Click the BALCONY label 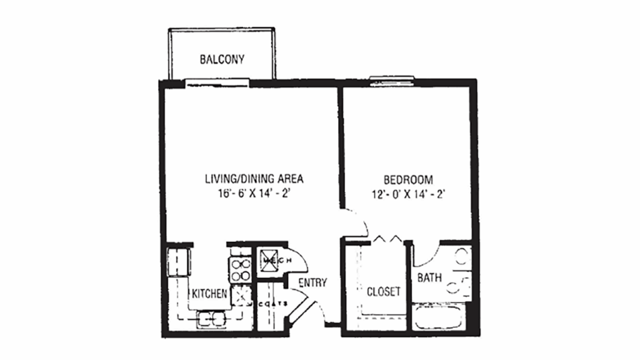tap(221, 60)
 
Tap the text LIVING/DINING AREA tap(254, 179)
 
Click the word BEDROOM tap(410, 179)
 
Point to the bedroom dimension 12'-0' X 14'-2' tap(410, 193)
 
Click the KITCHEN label tap(209, 293)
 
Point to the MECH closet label tap(272, 260)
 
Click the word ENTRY tap(312, 282)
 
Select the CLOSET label tap(383, 291)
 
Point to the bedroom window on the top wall tap(392, 79)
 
